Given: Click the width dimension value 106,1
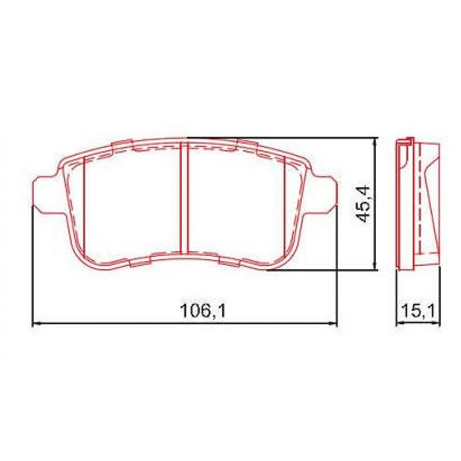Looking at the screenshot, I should [x=202, y=310].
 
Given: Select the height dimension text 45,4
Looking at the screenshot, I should [x=363, y=204].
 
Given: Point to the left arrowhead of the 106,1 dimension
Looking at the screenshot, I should [x=35, y=323].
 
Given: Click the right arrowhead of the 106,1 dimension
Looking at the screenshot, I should [x=333, y=323].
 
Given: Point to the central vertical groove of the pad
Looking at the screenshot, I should [x=184, y=198].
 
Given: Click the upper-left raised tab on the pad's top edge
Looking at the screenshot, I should [x=122, y=145].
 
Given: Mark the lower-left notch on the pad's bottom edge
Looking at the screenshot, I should [x=140, y=262].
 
